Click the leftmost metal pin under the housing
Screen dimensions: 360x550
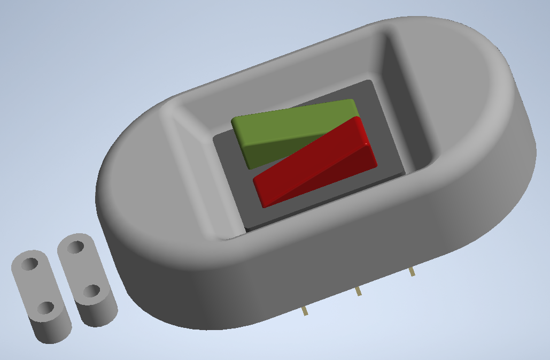tap(305, 311)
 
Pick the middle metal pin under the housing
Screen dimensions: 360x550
tap(359, 291)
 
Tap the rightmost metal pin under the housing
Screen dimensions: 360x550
tap(412, 272)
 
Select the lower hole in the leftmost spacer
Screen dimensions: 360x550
tap(46, 308)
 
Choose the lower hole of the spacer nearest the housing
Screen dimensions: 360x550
tap(91, 292)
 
